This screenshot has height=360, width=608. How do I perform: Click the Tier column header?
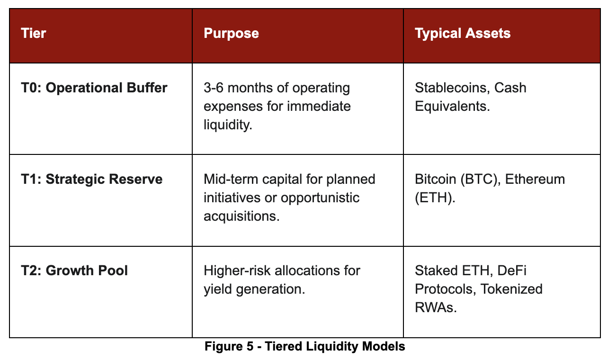(34, 34)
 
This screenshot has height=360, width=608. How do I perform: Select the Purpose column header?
(231, 34)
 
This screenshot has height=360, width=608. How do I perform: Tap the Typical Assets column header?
(463, 34)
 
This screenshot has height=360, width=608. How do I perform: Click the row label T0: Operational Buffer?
(94, 88)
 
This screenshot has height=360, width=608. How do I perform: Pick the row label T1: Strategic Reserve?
(92, 180)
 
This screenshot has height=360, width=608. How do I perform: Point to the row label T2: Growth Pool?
(74, 271)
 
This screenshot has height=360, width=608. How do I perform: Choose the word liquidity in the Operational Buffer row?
(226, 125)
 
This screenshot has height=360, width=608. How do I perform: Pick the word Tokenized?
(512, 289)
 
